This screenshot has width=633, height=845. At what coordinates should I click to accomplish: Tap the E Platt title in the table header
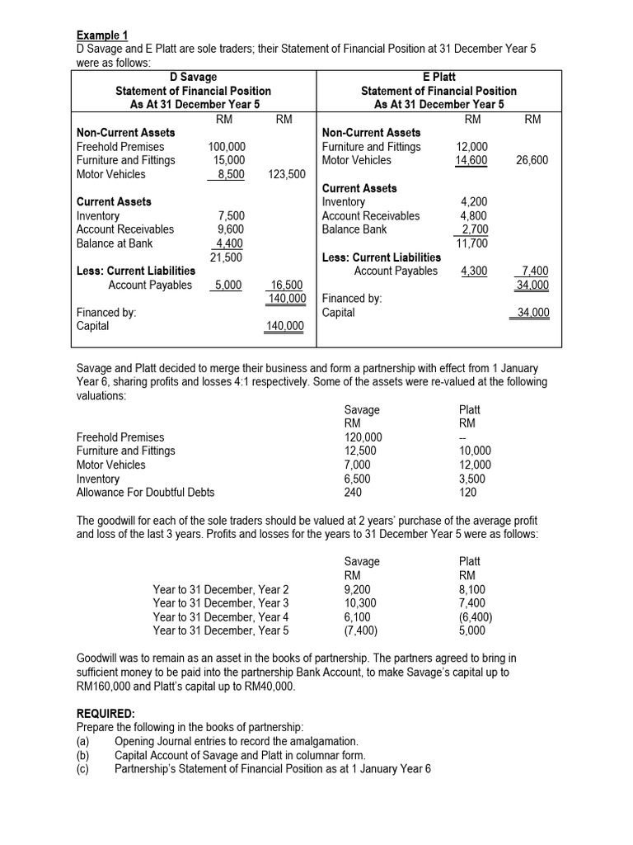(438, 77)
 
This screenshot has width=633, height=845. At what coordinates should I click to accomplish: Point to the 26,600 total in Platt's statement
(532, 160)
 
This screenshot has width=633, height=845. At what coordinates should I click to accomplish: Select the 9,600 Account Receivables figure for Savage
(231, 229)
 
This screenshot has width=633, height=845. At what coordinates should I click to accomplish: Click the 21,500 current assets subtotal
(227, 257)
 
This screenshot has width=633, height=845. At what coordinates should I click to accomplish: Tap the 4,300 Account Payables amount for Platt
(472, 271)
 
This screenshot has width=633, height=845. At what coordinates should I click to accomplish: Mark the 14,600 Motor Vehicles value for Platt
(471, 160)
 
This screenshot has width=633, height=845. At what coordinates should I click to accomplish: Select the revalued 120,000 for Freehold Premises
(362, 437)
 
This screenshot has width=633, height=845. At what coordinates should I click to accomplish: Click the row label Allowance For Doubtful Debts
(145, 493)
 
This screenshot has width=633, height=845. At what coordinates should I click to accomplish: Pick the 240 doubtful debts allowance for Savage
(353, 493)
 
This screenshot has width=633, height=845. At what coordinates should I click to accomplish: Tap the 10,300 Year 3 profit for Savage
(359, 603)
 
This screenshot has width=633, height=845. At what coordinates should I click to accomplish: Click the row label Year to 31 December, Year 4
(221, 617)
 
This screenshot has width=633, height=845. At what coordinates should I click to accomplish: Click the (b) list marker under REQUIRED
(82, 755)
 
